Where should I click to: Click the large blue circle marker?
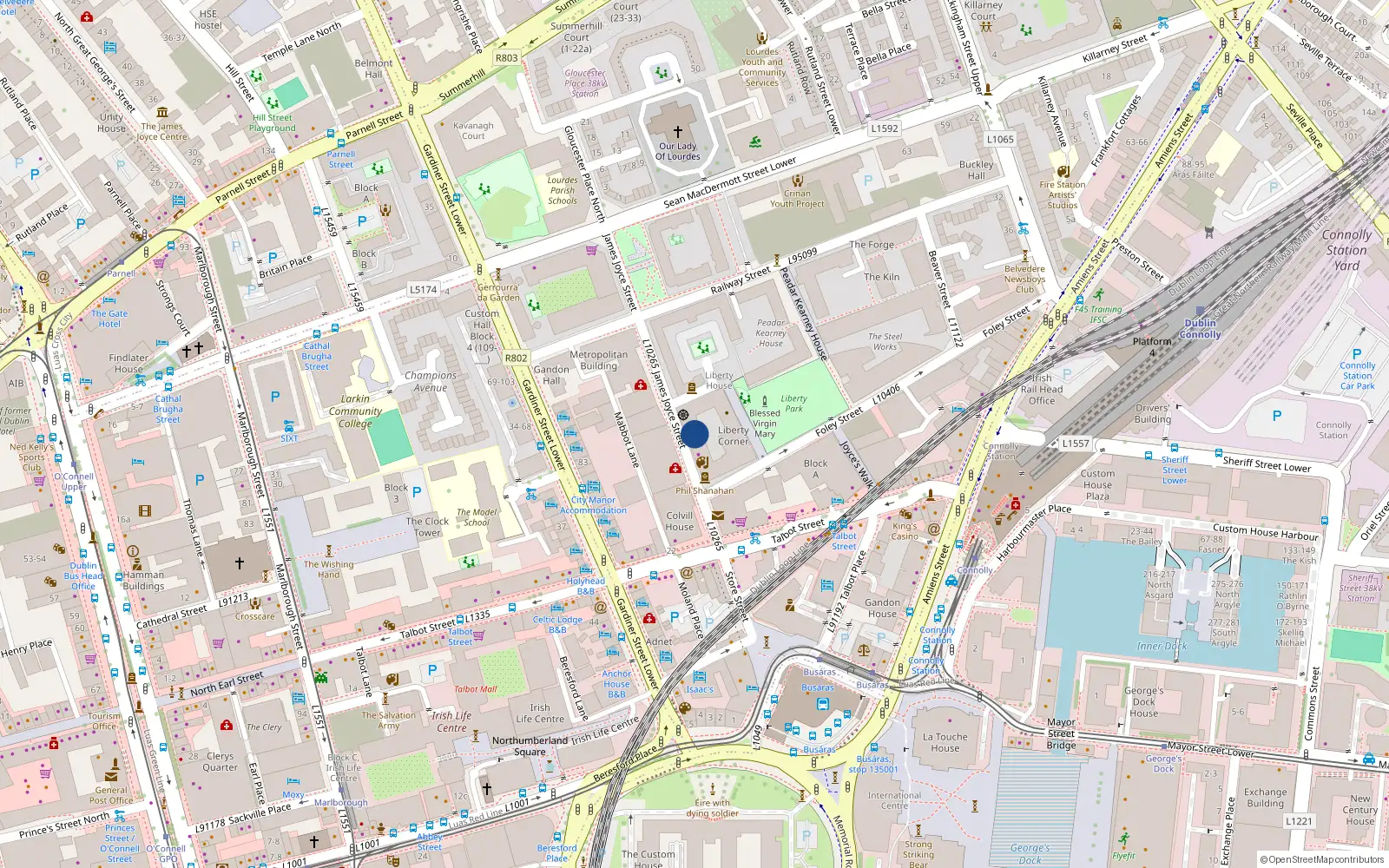coord(694,434)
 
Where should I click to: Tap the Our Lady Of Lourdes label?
coord(677,151)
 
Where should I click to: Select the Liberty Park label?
coord(793,404)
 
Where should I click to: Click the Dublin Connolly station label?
coord(1201,328)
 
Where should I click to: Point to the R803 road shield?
coord(506,58)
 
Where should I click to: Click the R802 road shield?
coord(516,358)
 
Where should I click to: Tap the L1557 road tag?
coord(1075,444)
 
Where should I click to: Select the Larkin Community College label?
coord(355,411)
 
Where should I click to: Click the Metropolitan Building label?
coord(598,360)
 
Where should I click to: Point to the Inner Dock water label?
coord(1162,646)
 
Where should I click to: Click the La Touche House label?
coord(945,742)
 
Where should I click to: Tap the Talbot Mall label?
coord(475,689)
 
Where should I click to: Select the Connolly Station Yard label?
coord(1346,250)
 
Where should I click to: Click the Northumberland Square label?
coord(530,746)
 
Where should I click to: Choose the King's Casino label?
coord(905,531)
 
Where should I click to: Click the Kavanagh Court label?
coord(473,130)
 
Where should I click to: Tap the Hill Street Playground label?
coord(273,122)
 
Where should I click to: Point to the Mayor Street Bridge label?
coord(1061,733)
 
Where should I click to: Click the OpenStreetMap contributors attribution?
coord(1321,859)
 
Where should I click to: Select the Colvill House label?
coord(680,521)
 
